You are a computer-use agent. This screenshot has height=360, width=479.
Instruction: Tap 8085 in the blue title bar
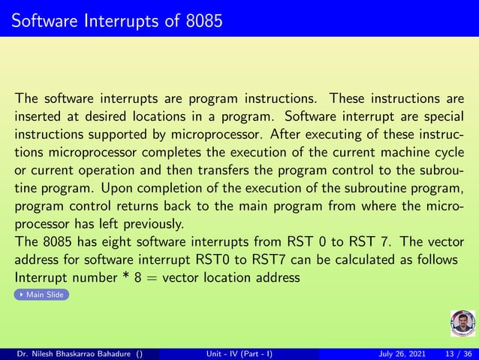(x=203, y=20)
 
